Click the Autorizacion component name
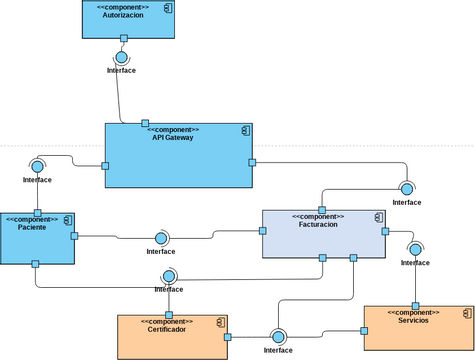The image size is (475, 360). (123, 16)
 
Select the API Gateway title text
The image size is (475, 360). (173, 138)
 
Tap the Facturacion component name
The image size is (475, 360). (317, 225)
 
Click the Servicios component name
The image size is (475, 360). (412, 320)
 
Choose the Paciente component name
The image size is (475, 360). (31, 226)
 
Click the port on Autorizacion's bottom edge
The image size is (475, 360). (123, 39)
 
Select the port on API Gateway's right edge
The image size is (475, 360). (252, 162)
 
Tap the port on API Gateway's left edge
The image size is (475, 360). (105, 167)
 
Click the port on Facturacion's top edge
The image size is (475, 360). (322, 209)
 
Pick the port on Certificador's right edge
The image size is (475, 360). (228, 337)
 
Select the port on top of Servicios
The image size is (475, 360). (413, 306)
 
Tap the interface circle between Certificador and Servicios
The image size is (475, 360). (277, 337)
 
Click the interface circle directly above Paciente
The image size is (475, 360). (37, 166)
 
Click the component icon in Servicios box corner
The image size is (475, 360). (468, 312)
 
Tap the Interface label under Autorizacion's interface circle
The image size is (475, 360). (121, 70)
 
